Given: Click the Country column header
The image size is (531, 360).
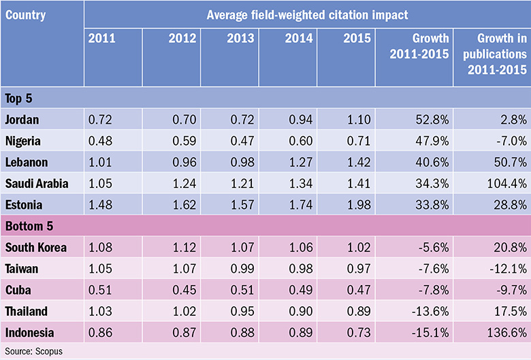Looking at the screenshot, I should [x=25, y=13].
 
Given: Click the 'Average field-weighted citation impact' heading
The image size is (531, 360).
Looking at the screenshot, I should [x=306, y=13].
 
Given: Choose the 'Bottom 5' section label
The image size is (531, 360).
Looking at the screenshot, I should [x=31, y=225].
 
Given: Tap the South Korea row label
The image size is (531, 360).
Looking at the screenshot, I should [x=35, y=247].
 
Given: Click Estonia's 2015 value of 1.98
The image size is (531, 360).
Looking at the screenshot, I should [x=359, y=204].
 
